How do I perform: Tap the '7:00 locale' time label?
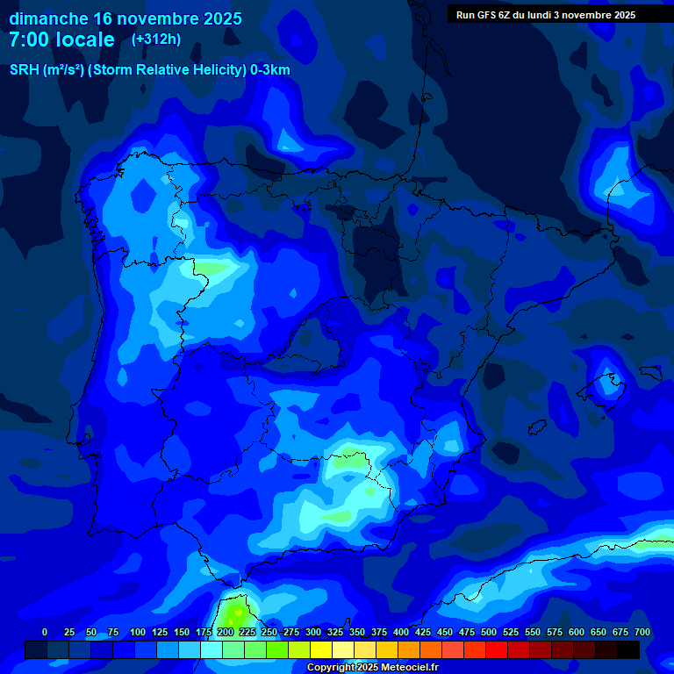click(x=61, y=39)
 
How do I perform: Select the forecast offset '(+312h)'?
click(x=155, y=39)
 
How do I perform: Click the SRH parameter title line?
click(x=149, y=70)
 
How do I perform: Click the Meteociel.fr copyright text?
click(x=372, y=667)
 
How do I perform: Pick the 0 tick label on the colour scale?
click(x=45, y=632)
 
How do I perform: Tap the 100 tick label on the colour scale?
click(x=138, y=632)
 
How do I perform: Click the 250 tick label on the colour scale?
click(x=269, y=632)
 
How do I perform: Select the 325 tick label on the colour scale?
click(x=335, y=632)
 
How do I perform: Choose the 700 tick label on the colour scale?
click(x=642, y=632)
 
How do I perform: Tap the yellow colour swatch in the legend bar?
click(x=321, y=649)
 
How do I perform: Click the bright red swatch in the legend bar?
click(x=497, y=649)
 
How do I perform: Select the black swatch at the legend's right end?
click(x=628, y=649)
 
